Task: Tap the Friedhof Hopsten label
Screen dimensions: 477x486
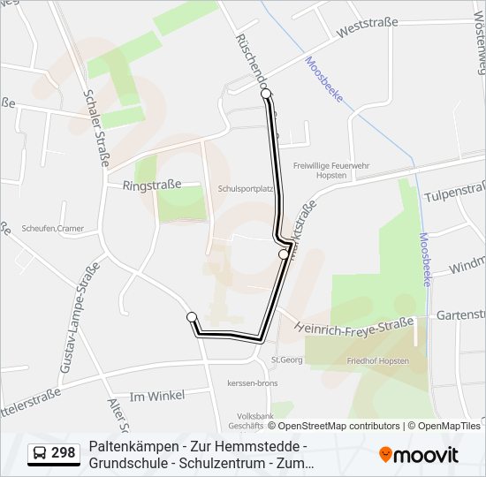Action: (377, 360)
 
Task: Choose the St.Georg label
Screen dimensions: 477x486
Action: (287, 359)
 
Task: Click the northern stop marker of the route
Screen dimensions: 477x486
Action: (266, 93)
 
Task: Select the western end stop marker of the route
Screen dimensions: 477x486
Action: (192, 317)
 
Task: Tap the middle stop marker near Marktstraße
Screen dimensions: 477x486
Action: (284, 254)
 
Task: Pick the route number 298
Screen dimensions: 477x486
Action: (64, 454)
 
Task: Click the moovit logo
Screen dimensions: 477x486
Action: (419, 455)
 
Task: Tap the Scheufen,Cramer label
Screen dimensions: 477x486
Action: (53, 229)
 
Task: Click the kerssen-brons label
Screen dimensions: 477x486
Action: (252, 382)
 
